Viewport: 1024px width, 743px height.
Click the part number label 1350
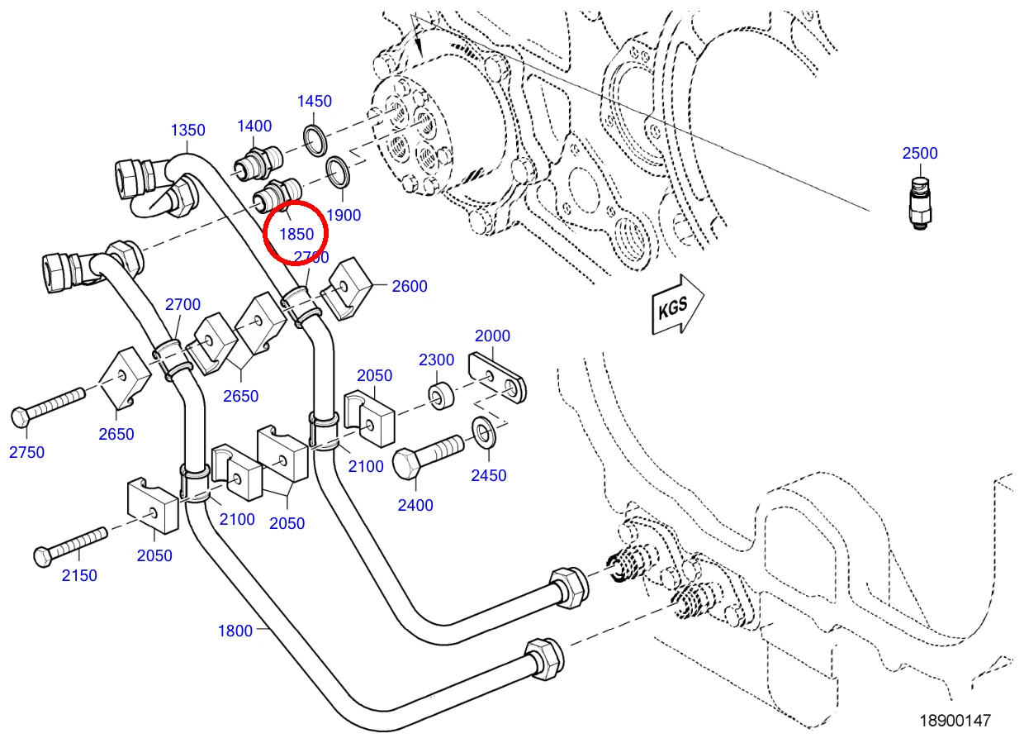188,131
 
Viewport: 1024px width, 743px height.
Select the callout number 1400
254,126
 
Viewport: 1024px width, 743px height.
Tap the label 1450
315,101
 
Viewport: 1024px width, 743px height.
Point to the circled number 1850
296,234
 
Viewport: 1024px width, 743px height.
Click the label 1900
344,215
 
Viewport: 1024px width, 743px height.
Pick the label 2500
920,153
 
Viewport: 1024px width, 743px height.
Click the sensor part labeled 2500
920,204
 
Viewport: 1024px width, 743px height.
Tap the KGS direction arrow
677,305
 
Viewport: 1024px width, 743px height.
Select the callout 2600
410,287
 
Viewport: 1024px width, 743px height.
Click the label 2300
437,360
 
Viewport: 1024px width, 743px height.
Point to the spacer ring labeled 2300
441,397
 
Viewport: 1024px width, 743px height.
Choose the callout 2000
492,336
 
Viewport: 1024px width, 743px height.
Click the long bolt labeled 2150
70,548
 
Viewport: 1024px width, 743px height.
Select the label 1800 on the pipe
235,631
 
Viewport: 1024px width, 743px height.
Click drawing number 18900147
955,721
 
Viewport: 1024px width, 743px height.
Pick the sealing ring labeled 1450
315,140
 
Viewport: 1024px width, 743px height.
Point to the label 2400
415,505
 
